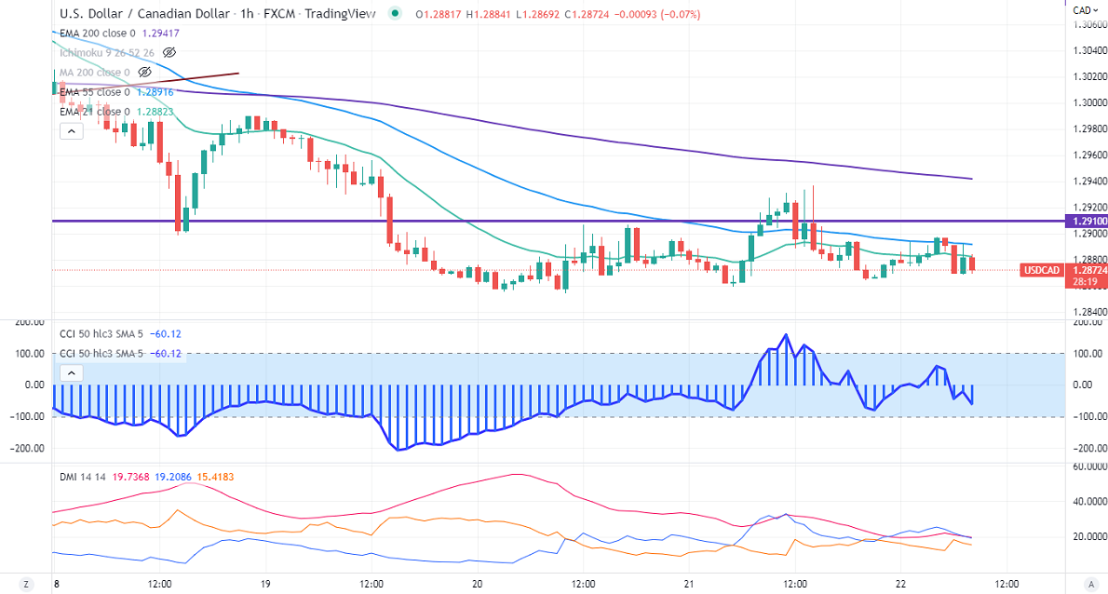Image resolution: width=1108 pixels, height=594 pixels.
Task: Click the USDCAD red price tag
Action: point(1041,270)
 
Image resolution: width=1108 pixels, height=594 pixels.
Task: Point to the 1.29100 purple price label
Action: point(1085,222)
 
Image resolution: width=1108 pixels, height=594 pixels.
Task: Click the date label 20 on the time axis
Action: point(478,584)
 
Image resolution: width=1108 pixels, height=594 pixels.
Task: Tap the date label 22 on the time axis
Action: point(900,584)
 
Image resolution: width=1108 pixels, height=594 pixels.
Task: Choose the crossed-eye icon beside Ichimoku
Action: point(169,53)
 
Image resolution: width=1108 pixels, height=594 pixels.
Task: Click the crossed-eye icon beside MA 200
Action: point(144,72)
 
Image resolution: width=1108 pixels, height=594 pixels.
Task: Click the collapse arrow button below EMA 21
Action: point(71,131)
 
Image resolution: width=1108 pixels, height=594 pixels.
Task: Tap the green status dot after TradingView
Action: point(397,14)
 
